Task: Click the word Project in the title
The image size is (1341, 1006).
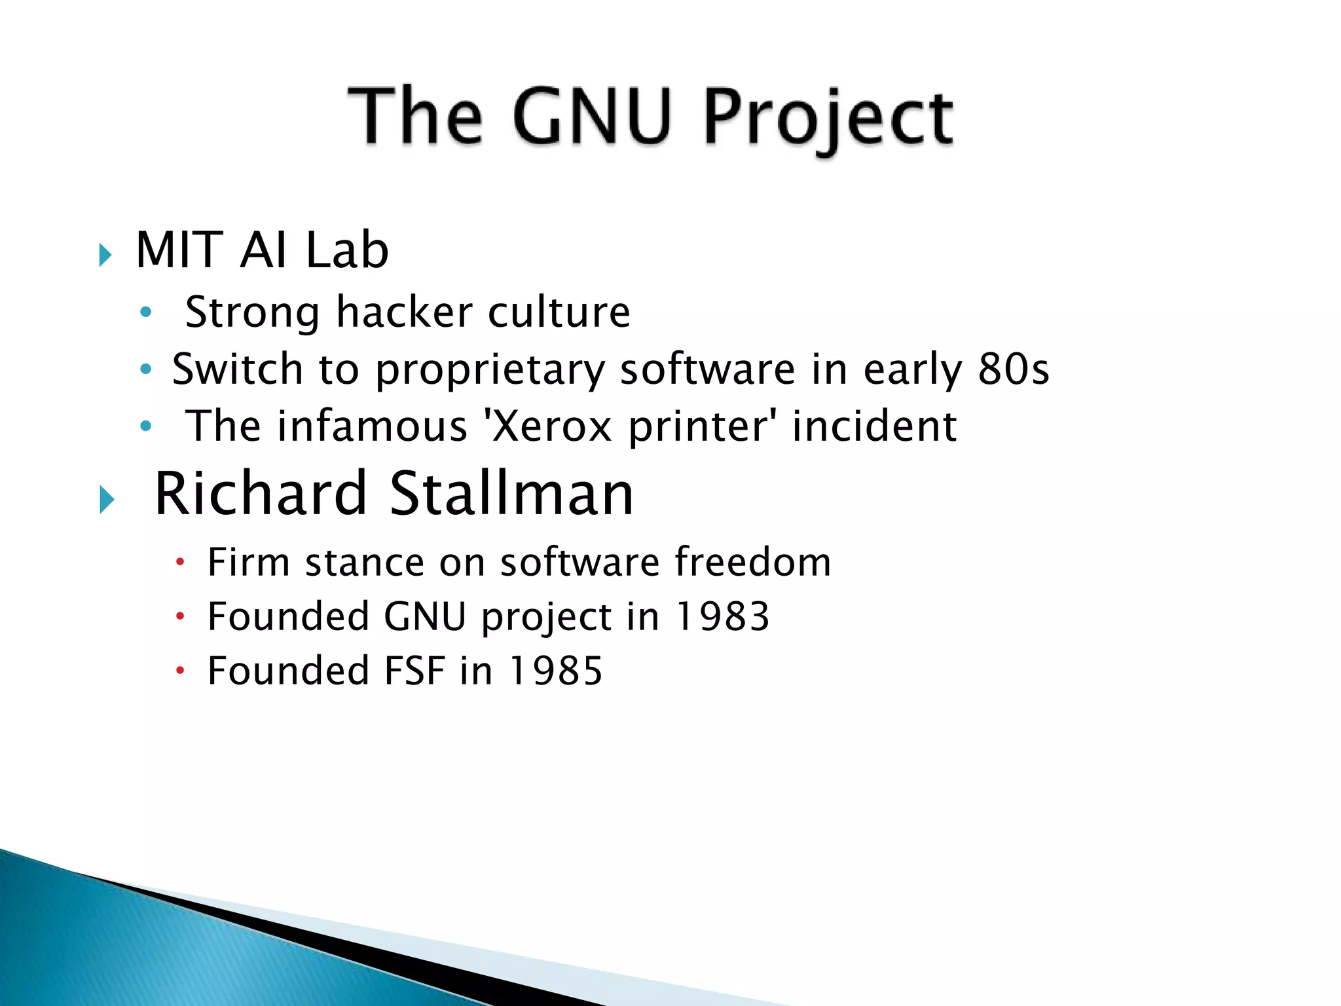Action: click(x=828, y=118)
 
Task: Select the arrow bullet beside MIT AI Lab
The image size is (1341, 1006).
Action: click(x=105, y=254)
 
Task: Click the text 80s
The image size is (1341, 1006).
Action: click(x=1013, y=369)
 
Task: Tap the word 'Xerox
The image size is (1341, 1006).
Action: click(x=547, y=426)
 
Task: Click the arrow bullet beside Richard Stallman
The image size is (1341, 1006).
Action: click(x=107, y=500)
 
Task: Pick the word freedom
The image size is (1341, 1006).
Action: click(x=752, y=562)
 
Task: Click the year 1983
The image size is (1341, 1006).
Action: click(x=722, y=617)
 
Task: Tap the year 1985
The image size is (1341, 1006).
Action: click(x=556, y=671)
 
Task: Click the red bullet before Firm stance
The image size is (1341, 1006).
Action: click(x=181, y=562)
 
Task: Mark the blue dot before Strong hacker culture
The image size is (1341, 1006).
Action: click(x=146, y=312)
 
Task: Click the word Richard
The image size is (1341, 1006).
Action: click(x=260, y=494)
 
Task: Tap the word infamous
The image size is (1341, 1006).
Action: click(x=372, y=426)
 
